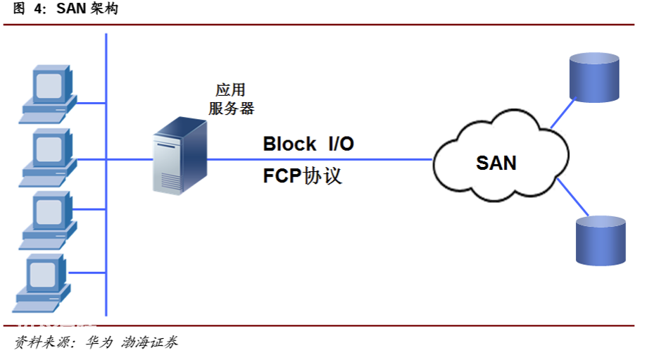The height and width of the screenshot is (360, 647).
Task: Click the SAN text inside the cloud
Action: [496, 163]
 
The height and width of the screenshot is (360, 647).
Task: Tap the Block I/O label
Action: [308, 144]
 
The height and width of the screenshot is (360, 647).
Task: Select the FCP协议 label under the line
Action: [303, 175]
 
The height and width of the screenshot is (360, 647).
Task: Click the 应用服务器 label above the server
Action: [231, 99]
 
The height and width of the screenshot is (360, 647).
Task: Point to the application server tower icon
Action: [180, 155]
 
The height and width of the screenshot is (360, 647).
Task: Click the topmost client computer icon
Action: [48, 94]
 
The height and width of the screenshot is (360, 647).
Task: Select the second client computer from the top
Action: [48, 157]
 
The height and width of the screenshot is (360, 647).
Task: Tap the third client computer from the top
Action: [48, 220]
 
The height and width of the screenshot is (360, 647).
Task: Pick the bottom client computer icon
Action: [42, 283]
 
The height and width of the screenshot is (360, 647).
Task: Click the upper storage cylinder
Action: [594, 77]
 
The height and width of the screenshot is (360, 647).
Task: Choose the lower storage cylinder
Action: [601, 240]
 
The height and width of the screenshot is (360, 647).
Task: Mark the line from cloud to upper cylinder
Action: [563, 113]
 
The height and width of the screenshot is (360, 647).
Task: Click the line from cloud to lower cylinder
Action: [573, 197]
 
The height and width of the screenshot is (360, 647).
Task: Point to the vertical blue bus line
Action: [106, 175]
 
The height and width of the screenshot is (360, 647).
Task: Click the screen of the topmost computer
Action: [49, 86]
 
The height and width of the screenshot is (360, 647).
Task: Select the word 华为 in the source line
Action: [99, 342]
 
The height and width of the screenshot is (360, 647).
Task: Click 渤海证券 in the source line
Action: [149, 342]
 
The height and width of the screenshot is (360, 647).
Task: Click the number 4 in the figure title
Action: [39, 8]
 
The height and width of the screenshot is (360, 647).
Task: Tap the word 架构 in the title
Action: [105, 8]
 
